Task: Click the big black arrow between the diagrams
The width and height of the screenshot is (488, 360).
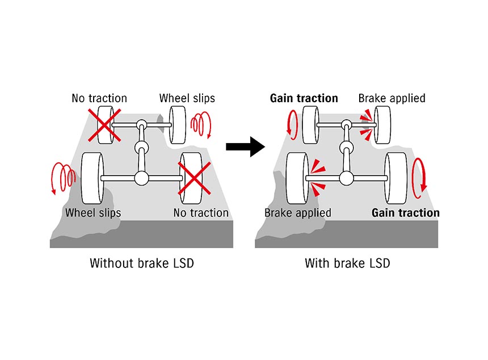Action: click(x=245, y=146)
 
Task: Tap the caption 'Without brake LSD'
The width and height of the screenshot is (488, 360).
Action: click(x=141, y=263)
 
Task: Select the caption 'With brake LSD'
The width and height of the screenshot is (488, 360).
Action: click(x=347, y=263)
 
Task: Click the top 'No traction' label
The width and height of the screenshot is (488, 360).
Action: click(x=99, y=98)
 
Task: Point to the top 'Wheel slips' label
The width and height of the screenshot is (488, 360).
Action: click(x=187, y=98)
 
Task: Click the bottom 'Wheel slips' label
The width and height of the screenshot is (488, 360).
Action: click(x=93, y=213)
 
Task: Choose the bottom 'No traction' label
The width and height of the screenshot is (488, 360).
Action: click(x=201, y=213)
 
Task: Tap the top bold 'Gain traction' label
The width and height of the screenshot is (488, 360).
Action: click(x=304, y=98)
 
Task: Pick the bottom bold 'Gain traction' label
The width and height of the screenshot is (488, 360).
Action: click(x=405, y=213)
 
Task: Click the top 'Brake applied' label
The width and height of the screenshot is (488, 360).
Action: click(x=392, y=98)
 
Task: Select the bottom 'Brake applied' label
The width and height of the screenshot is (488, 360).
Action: click(x=298, y=213)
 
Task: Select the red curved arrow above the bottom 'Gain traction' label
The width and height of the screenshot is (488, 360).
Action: click(x=420, y=177)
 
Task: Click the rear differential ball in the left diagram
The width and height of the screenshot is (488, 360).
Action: click(x=140, y=178)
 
